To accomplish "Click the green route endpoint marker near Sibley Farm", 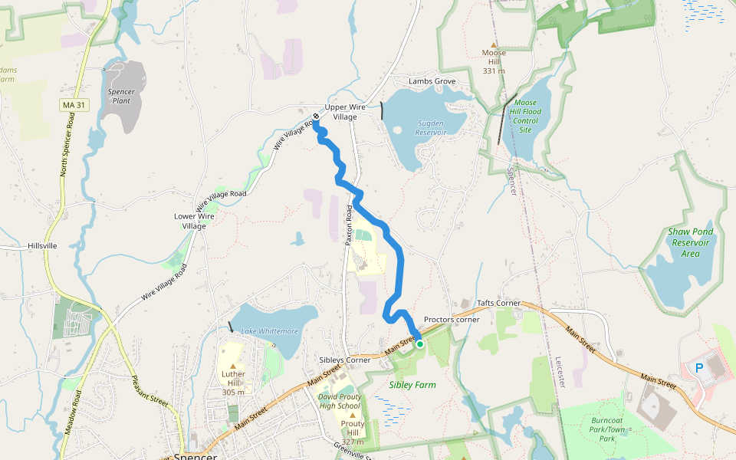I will click(420, 344).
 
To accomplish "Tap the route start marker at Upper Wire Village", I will click(316, 117).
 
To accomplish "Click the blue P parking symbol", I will click(698, 368).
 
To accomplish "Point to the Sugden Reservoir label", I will click(431, 127).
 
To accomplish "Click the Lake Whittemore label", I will click(270, 331).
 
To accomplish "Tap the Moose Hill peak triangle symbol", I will click(494, 44).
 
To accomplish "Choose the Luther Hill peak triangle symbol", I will click(232, 366).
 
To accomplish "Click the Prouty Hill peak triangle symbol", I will click(353, 415).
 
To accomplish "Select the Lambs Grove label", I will click(432, 81).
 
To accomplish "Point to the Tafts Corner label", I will click(499, 304).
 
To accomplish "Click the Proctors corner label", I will click(452, 320).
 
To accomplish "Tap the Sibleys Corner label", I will click(345, 360).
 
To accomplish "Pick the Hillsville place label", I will click(42, 245).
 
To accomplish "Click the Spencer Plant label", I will click(121, 96).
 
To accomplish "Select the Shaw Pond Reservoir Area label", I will click(691, 242).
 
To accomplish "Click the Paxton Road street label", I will click(349, 225).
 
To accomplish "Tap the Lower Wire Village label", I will click(195, 221).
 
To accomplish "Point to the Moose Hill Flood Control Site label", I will click(526, 116).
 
